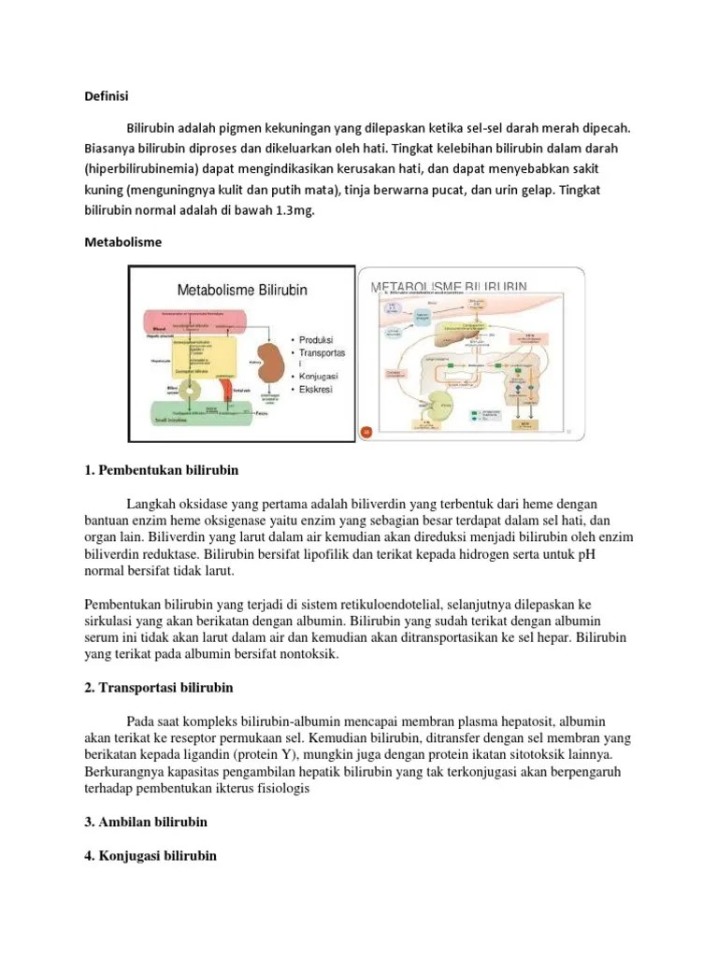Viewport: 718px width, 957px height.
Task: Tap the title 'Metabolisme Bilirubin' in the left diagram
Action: click(242, 291)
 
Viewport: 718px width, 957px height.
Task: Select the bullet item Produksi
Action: click(316, 339)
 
